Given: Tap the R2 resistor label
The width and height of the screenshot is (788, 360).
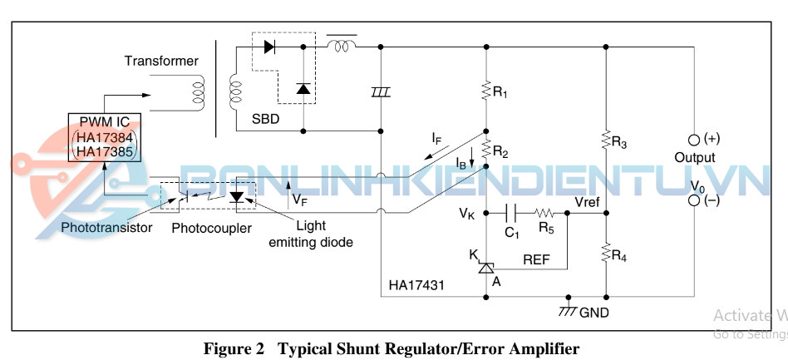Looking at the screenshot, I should (x=500, y=151).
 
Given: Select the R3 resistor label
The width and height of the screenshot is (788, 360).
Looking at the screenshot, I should (x=618, y=143).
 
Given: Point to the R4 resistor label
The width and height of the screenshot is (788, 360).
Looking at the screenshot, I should (x=618, y=256).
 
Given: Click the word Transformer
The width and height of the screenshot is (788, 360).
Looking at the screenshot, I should (x=161, y=61).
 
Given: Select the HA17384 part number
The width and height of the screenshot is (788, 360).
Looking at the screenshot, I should (x=104, y=137).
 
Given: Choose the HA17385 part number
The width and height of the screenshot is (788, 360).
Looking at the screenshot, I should (x=104, y=151).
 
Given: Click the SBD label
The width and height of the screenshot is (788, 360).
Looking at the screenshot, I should (x=265, y=119).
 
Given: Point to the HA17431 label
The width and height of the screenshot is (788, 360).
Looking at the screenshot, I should (x=416, y=285).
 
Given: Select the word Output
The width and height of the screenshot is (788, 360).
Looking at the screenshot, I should (x=694, y=157).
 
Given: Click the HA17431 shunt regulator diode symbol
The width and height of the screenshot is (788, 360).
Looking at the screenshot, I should (x=487, y=266).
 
